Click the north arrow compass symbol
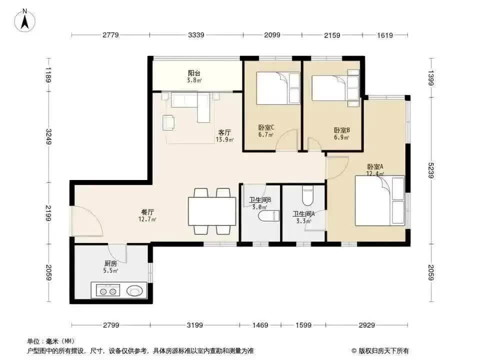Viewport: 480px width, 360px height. [25, 20]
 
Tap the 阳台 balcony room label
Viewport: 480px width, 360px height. [194, 73]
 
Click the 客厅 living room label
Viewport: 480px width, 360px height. [224, 132]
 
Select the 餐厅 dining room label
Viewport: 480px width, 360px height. [147, 212]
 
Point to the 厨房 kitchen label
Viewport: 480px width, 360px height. [110, 263]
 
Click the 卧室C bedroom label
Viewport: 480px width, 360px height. [265, 127]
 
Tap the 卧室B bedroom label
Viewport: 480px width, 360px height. [341, 130]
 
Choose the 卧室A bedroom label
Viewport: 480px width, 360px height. [375, 167]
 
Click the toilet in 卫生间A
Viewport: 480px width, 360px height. [307, 196]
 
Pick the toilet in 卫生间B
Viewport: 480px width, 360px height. [269, 216]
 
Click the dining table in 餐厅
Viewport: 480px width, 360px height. [212, 211]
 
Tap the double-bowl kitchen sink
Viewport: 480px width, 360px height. [108, 290]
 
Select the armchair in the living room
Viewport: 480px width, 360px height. [169, 122]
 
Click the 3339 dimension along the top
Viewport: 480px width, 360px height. [196, 35]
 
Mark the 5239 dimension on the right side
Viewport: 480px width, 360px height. [431, 170]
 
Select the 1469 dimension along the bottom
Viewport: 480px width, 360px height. [260, 325]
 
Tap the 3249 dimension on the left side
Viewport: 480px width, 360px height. [48, 136]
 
